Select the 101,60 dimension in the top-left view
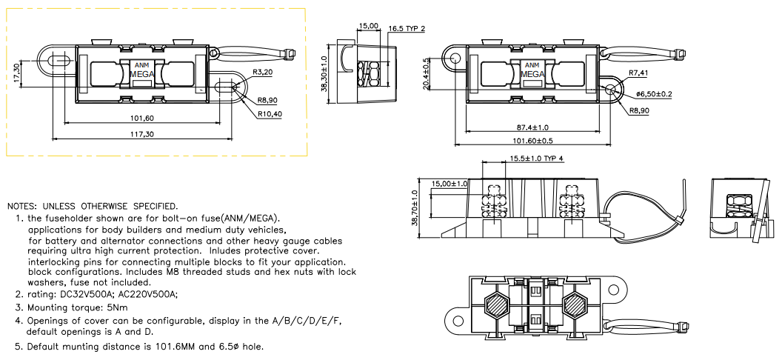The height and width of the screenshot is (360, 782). pyautogui.click(x=140, y=118)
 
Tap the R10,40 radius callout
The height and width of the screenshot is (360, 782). pyautogui.click(x=270, y=114)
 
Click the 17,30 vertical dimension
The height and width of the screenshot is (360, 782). pyautogui.click(x=16, y=72)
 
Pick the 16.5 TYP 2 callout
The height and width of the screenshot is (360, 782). pyautogui.click(x=407, y=29)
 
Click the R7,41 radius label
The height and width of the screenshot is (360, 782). pyautogui.click(x=638, y=73)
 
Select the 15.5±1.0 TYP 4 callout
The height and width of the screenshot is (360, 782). pyautogui.click(x=537, y=159)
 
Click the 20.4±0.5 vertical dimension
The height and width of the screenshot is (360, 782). pyautogui.click(x=426, y=73)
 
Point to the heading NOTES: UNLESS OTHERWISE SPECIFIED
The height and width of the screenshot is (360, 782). pyautogui.click(x=92, y=205)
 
